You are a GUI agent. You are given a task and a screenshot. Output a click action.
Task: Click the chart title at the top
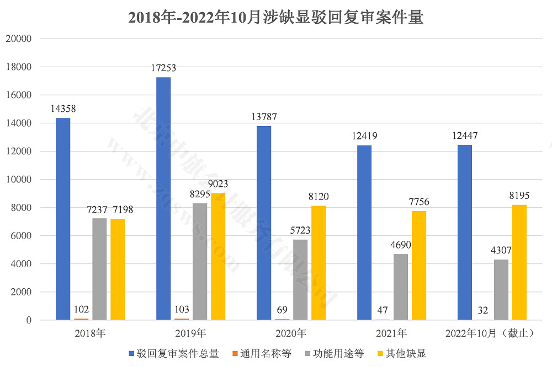coord(275,17)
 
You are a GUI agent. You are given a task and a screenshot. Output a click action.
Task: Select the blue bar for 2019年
coord(163,198)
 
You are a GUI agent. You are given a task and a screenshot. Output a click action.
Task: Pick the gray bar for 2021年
coord(401,287)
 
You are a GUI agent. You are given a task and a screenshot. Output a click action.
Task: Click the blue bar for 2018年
coord(63,219)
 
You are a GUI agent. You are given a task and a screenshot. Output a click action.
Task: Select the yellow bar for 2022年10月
coord(519,262)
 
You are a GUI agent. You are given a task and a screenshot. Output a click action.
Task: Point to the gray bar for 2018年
coord(99,269)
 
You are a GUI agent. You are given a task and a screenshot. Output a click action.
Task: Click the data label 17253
coord(163,68)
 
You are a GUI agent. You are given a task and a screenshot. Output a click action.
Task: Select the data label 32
coord(482,310)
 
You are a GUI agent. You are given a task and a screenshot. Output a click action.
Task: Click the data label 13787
coord(264,117)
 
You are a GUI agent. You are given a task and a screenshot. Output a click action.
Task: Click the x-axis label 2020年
coord(291,333)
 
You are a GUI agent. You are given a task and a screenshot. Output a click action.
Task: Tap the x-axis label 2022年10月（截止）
coord(490,333)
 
